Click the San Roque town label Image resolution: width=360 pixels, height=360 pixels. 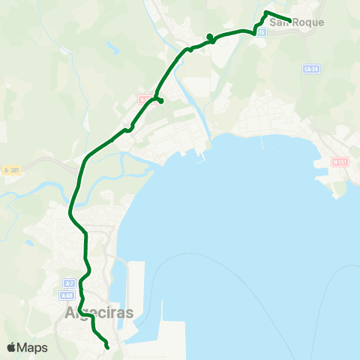tap(297, 22)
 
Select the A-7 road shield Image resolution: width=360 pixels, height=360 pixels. tap(69, 283)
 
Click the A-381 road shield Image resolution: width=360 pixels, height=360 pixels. tap(10, 170)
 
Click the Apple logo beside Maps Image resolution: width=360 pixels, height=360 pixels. tap(11, 347)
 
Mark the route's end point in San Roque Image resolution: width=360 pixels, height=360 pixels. tap(289, 20)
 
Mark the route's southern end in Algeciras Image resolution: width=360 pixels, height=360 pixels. tap(107, 347)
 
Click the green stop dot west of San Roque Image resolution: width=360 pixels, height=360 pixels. tap(210, 36)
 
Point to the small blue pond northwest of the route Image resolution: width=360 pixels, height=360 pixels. tap(112, 50)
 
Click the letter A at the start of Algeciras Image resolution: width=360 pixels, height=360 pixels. tap(70, 313)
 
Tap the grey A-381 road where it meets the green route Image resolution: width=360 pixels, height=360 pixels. tap(79, 163)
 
